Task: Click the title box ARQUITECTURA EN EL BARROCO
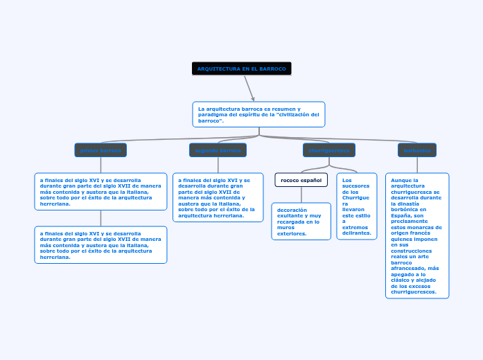242,69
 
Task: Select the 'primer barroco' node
100,150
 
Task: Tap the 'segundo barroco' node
218,150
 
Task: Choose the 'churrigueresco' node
329,150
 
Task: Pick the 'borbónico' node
417,150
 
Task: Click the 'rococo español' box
301,180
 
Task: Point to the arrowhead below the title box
253,98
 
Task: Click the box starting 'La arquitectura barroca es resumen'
258,115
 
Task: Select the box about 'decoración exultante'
301,221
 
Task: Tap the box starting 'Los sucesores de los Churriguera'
357,206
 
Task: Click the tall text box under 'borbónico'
417,235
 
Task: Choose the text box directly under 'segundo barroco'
218,197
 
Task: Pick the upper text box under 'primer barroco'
100,191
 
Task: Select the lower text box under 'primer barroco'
100,244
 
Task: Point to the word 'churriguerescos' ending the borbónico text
414,292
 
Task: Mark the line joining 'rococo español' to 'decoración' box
301,195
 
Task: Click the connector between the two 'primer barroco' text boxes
100,217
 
